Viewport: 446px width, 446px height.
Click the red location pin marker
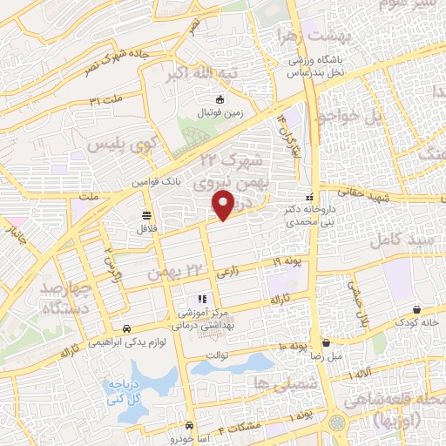[x=224, y=204]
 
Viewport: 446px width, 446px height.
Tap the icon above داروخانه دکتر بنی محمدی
[x=311, y=197]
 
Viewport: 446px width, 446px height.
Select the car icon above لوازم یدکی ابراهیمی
[x=127, y=329]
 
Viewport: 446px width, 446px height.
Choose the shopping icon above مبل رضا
[x=325, y=342]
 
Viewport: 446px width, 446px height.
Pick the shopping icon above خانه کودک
[x=416, y=309]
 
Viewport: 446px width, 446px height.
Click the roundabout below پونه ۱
[x=336, y=423]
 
